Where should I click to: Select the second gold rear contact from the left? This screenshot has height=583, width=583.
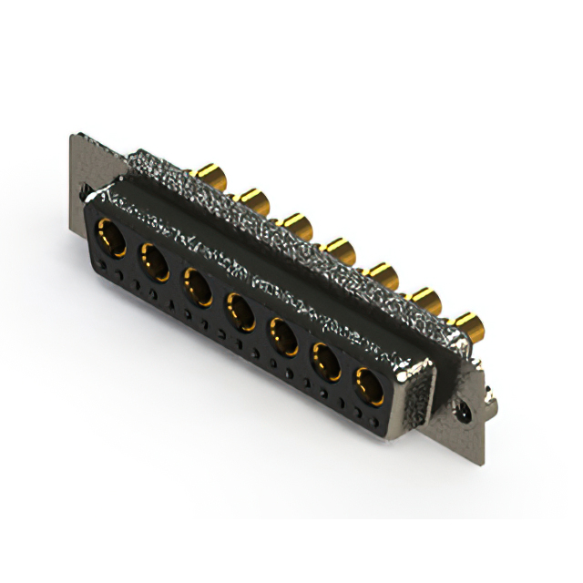pyautogui.click(x=251, y=197)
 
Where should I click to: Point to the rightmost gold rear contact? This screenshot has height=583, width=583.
pyautogui.click(x=468, y=322)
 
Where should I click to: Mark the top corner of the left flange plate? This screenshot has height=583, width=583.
pyautogui.click(x=72, y=137)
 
